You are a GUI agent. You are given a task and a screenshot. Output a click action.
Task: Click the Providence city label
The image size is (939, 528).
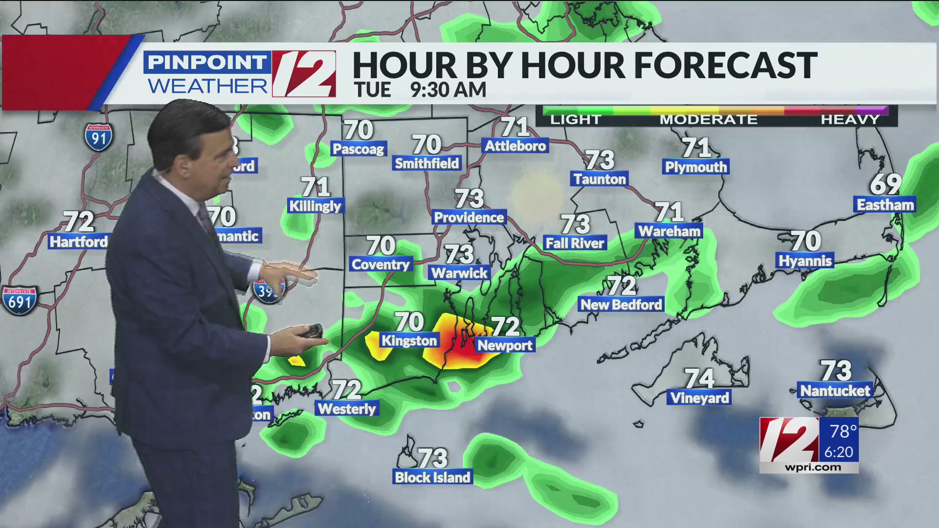[x=469, y=217]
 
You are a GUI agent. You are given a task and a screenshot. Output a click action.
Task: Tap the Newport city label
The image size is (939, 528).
[x=505, y=345]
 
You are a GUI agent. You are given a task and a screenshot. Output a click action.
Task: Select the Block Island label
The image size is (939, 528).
[x=432, y=477]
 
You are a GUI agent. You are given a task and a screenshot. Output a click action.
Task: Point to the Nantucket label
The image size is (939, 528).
[x=835, y=391]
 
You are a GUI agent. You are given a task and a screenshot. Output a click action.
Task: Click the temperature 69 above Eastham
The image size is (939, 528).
[x=885, y=184]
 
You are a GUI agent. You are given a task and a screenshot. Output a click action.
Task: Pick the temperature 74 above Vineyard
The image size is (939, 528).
[x=699, y=378]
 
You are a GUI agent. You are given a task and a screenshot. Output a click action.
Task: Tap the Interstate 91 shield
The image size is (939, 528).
[x=98, y=137]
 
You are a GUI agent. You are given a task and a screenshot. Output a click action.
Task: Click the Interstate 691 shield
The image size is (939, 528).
[x=19, y=300]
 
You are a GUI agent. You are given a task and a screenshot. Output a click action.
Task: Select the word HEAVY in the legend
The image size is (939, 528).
[x=850, y=119]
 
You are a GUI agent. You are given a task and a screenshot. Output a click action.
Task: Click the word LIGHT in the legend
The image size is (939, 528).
[x=575, y=119]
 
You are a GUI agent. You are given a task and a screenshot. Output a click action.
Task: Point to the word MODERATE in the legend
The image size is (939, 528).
[x=708, y=119]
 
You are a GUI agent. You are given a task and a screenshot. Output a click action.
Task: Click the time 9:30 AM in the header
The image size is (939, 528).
[x=448, y=90]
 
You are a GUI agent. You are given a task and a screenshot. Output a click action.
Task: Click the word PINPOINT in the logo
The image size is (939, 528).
[x=206, y=62]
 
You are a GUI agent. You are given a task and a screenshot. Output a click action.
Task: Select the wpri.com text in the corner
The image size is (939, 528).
[x=813, y=467]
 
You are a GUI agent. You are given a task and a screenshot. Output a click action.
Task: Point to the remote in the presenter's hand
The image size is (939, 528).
[x=311, y=331]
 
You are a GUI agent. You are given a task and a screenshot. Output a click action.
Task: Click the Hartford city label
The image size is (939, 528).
[x=78, y=242]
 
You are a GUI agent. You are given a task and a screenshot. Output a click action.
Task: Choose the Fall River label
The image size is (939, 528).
[x=575, y=243]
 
